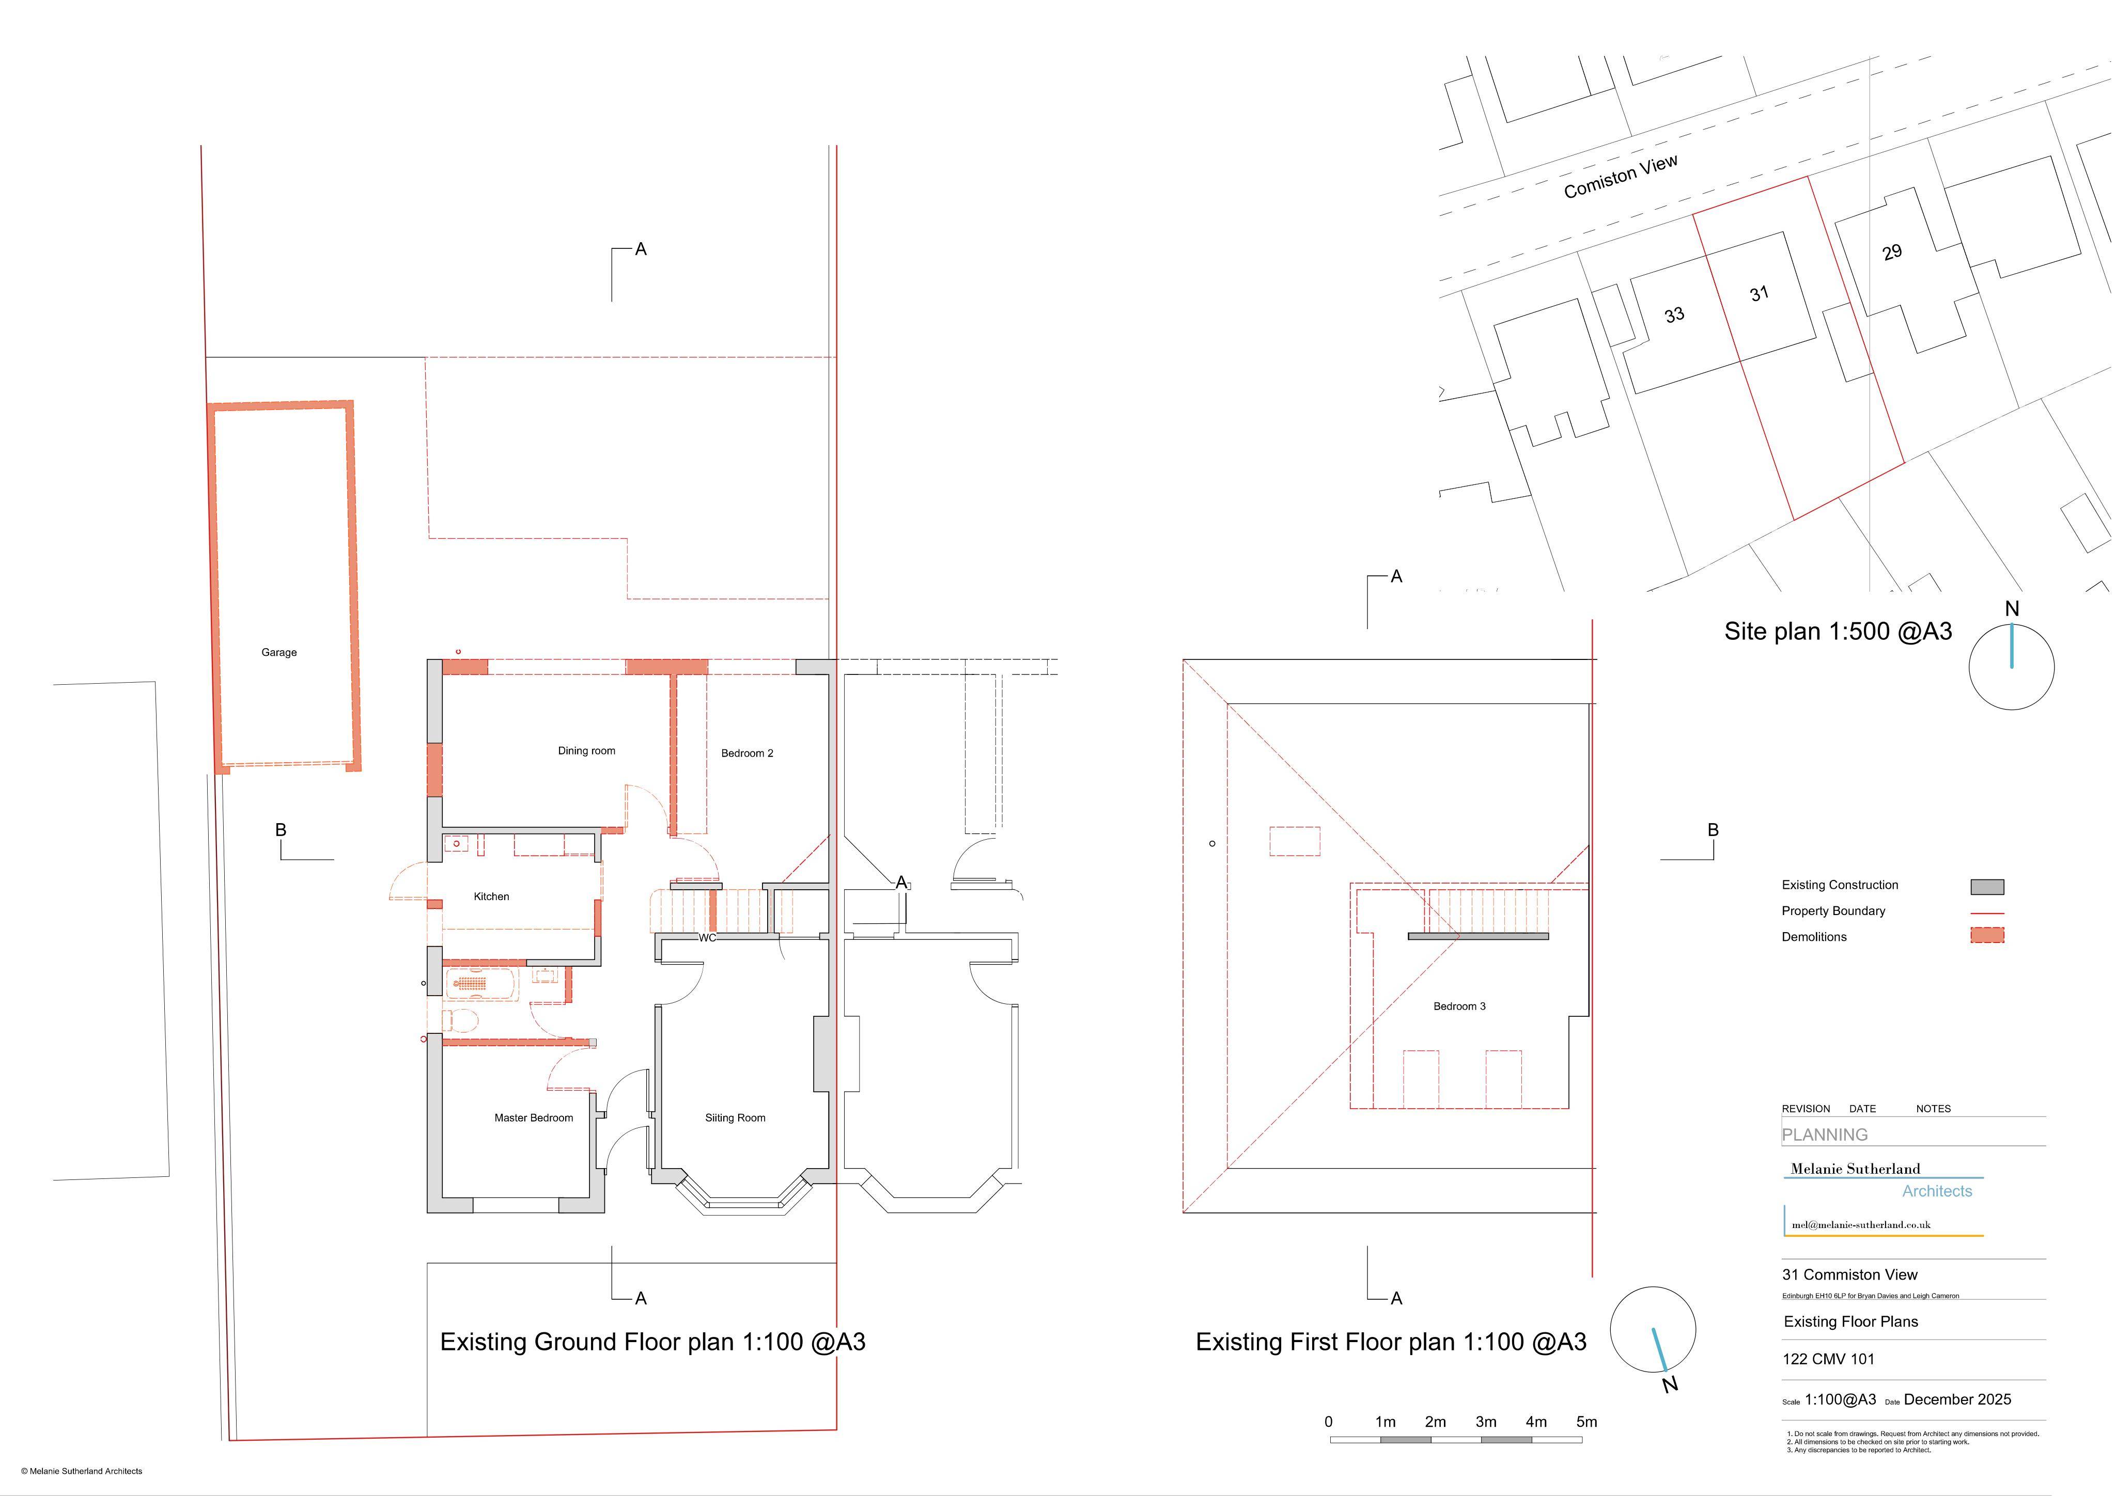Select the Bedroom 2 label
click(748, 753)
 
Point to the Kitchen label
click(491, 897)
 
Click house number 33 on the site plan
click(1674, 315)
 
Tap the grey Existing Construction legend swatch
click(1987, 887)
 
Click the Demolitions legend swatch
click(1987, 936)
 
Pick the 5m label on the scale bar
click(1587, 1422)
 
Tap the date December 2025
click(1957, 1400)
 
